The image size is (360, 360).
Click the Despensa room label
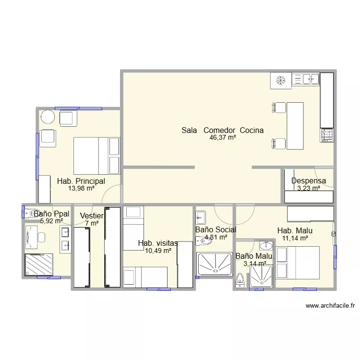click(x=309, y=180)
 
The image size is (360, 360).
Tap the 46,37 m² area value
click(x=223, y=137)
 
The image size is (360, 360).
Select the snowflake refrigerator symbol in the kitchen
click(x=281, y=81)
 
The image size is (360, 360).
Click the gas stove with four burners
click(x=327, y=135)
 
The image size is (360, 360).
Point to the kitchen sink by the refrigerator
click(x=306, y=79)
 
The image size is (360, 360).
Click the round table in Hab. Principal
click(x=48, y=117)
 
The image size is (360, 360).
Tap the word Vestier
click(x=92, y=216)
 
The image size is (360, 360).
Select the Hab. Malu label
click(x=295, y=230)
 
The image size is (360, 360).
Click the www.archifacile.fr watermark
click(x=330, y=306)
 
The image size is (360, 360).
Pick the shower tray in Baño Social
click(x=215, y=264)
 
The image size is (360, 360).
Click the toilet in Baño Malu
click(x=240, y=280)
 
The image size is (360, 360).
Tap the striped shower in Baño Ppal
click(x=39, y=264)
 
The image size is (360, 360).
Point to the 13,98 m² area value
click(x=81, y=188)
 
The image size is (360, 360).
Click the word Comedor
click(x=219, y=130)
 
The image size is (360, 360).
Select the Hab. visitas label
click(x=158, y=243)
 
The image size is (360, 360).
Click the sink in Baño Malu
click(x=266, y=245)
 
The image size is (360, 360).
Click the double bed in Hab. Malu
click(x=298, y=263)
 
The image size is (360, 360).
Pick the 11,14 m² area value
click(x=295, y=238)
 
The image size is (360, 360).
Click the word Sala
click(x=189, y=130)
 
